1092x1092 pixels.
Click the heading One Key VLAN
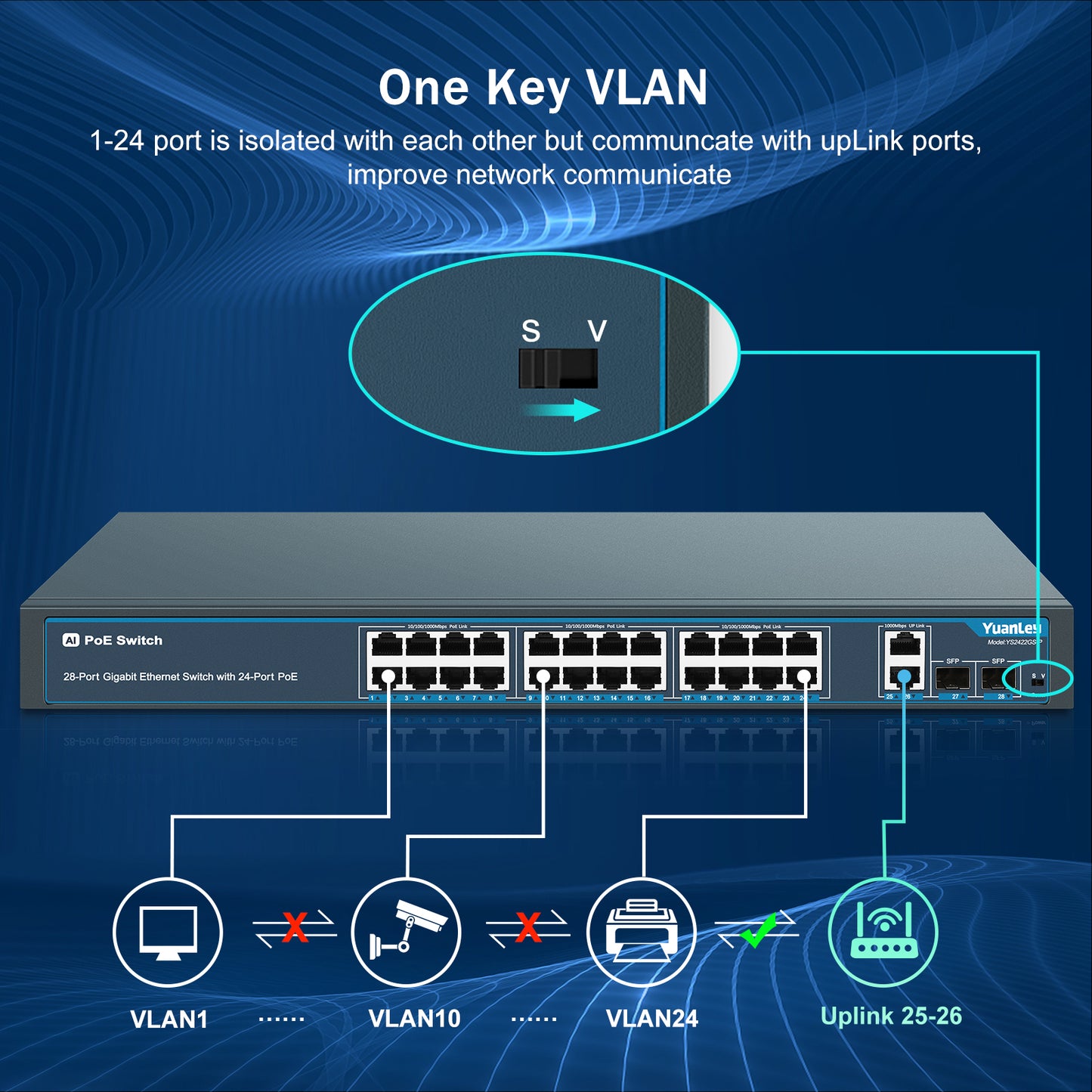(543, 88)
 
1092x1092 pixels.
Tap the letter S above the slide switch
(531, 331)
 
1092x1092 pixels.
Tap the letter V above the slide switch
(597, 331)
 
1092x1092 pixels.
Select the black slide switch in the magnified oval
(558, 368)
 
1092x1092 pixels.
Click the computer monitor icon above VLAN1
(168, 932)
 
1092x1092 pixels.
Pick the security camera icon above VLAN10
(407, 932)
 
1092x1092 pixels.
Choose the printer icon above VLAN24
(641, 932)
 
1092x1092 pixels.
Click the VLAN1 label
(169, 1019)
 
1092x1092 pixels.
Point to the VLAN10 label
(414, 1019)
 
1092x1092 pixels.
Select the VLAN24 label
(651, 1019)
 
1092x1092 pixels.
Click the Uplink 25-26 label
(891, 1016)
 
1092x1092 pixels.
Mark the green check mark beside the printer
(758, 930)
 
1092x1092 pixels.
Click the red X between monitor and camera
(295, 927)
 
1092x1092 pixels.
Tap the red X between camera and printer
(528, 927)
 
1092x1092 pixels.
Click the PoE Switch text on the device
(123, 640)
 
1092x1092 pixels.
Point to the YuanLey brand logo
(1010, 629)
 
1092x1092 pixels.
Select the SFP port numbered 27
(953, 679)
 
